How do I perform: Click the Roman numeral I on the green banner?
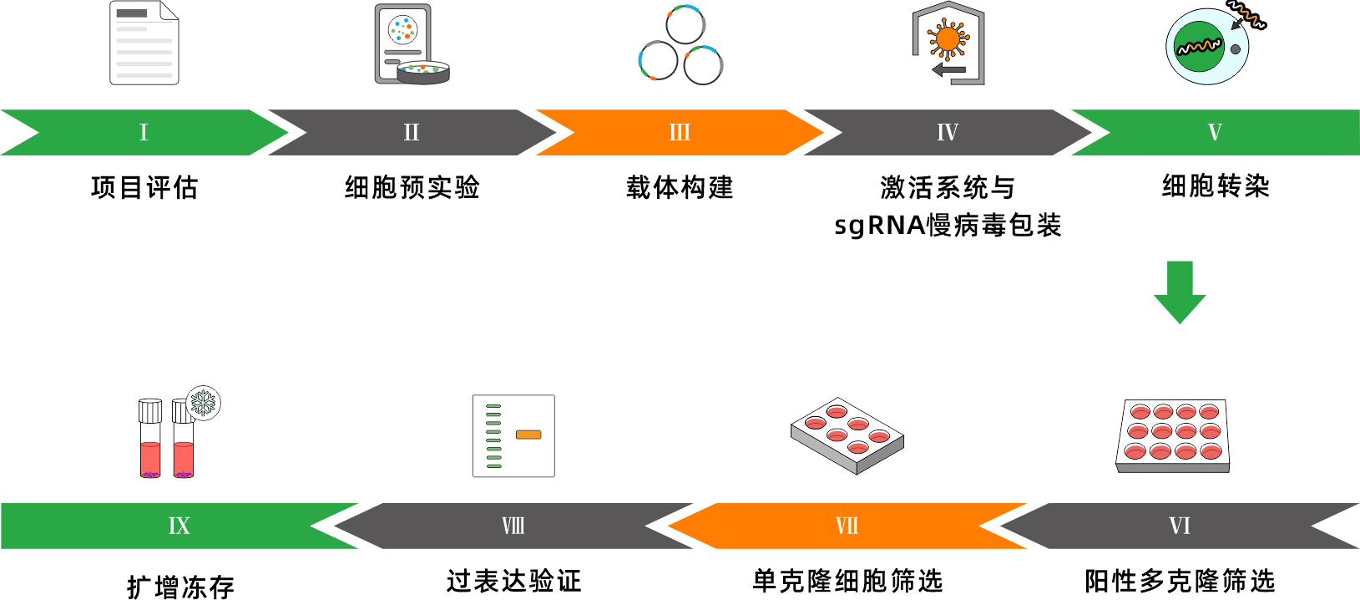click(144, 132)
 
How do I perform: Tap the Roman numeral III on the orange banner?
click(680, 132)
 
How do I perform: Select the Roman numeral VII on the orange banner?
click(847, 526)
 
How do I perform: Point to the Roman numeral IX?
click(179, 526)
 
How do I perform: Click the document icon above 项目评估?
click(144, 43)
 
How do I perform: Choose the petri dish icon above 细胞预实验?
click(423, 72)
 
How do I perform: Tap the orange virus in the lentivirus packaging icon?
click(948, 38)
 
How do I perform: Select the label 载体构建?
click(680, 187)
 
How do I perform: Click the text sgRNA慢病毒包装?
click(948, 225)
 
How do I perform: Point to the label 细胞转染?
click(1216, 186)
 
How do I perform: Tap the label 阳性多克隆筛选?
click(1180, 580)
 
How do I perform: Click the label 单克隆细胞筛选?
click(847, 580)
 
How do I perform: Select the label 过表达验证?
click(513, 580)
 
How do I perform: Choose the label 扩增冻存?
click(180, 587)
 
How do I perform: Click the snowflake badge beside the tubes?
click(203, 403)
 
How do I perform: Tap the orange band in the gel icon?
click(528, 435)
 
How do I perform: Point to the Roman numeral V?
click(1215, 132)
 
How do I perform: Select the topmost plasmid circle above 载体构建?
click(685, 23)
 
